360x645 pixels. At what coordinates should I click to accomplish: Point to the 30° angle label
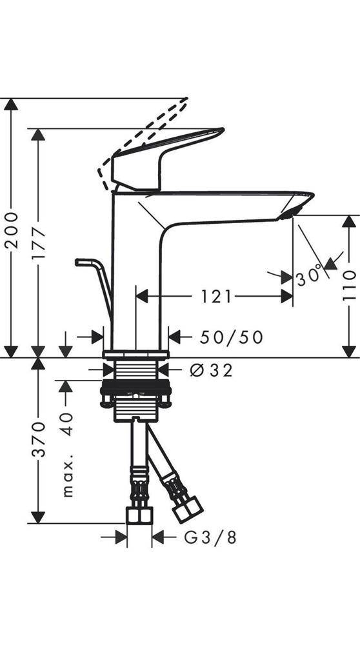click(x=309, y=277)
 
